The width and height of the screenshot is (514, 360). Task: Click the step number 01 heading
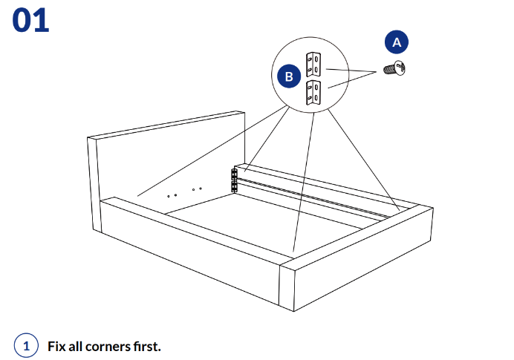tap(30, 20)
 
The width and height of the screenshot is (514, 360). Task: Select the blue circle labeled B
tap(288, 76)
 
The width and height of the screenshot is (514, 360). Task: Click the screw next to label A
tap(391, 71)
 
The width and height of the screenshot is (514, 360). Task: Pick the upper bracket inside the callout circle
tap(313, 64)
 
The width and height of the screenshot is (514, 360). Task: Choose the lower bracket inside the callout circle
tap(313, 92)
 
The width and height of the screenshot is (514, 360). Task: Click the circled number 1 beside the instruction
tap(26, 346)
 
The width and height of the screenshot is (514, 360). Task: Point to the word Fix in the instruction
tap(56, 346)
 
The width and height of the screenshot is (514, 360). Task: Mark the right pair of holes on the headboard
tap(197, 189)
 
